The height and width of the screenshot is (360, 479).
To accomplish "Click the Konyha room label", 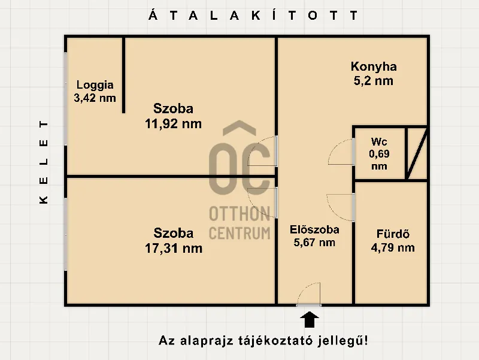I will tap(374, 66).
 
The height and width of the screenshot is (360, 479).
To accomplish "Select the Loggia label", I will tap(95, 85).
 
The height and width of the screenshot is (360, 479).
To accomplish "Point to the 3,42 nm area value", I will tap(95, 98).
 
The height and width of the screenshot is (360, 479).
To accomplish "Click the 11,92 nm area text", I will tap(173, 124).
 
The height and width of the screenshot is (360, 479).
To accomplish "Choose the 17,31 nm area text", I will tap(173, 247).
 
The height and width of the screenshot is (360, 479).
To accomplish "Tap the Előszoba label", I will tap(314, 229).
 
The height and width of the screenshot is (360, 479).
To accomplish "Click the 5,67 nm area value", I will tap(314, 243).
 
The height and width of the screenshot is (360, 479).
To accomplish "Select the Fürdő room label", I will tap(393, 234).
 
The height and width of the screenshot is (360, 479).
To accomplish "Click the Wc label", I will tap(379, 142).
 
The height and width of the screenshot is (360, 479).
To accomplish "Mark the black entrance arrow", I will tap(309, 319).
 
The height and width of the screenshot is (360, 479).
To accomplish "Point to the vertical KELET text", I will tap(44, 163).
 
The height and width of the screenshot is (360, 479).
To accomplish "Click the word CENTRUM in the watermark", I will tap(239, 232).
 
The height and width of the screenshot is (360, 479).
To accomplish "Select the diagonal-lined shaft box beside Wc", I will tap(416, 153).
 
